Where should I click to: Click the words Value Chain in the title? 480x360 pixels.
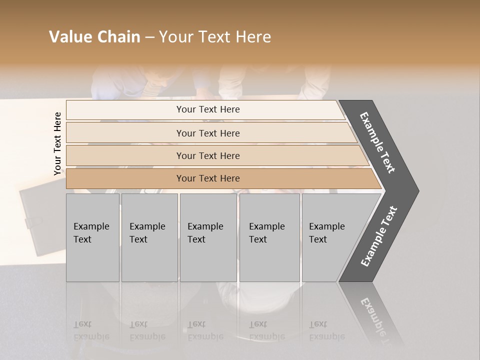[x=94, y=37]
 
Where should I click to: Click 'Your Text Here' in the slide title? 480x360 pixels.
[x=215, y=37]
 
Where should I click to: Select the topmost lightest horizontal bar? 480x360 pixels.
[x=207, y=109]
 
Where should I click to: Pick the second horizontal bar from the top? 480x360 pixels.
[x=207, y=133]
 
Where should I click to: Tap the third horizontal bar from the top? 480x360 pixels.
[x=207, y=155]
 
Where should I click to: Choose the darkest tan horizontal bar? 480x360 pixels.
[x=207, y=178]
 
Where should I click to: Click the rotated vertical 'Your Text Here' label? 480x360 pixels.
[x=57, y=143]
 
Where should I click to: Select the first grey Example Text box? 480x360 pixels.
[x=92, y=237]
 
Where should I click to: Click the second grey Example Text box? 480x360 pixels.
[x=149, y=237]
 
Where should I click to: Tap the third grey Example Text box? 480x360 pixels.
[x=208, y=237]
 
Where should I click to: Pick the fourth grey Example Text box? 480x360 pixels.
[x=269, y=237]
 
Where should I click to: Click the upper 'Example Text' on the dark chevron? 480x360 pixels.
[x=377, y=142]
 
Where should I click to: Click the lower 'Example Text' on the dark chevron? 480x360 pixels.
[x=378, y=236]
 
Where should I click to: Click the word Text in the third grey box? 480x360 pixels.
[x=196, y=239]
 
